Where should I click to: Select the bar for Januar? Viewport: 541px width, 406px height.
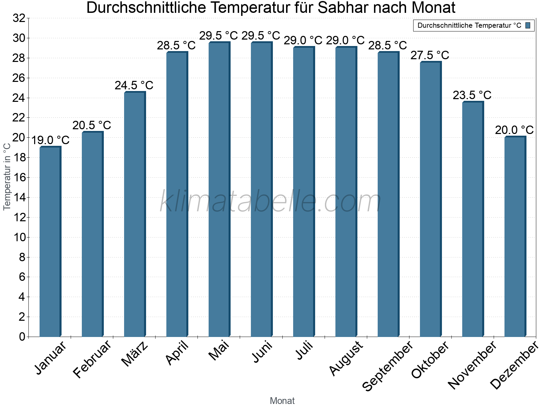50,242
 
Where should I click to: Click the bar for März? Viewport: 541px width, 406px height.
135,215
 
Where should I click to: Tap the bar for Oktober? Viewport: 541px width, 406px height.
430,199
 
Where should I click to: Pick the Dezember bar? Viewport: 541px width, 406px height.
515,236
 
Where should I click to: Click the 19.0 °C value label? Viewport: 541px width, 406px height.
50,140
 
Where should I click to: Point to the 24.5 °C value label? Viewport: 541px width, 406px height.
134,86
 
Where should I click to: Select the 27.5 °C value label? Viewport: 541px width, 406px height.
430,55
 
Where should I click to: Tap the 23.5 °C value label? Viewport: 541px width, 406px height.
472,95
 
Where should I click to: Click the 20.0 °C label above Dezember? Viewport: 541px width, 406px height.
514,130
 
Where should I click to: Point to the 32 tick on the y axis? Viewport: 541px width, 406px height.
19,18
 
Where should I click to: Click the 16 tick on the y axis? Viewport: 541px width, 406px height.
19,178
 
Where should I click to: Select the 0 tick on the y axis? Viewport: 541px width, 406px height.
22,337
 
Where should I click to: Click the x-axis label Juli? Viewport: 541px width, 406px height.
305,351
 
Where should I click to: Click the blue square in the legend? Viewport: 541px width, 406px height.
528,25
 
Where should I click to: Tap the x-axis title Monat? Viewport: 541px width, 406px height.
282,401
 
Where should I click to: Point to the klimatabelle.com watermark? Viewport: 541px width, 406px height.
270,202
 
